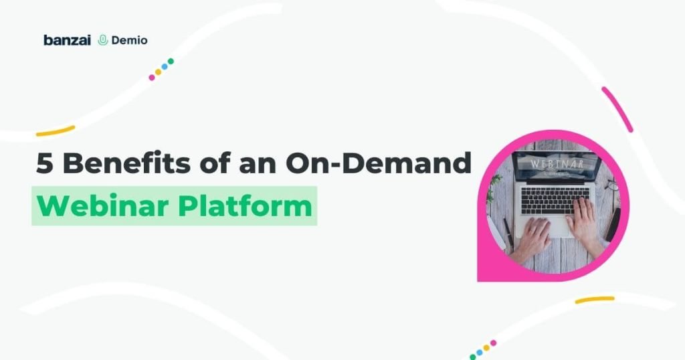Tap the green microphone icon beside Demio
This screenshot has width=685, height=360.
pos(102,40)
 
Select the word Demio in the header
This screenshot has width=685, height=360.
pos(129,40)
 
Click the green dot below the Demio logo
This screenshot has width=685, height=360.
pos(171,62)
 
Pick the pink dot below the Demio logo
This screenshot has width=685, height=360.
pos(152,77)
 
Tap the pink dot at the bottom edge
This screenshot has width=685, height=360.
pos(493,343)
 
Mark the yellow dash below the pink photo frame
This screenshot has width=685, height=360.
pos(594,300)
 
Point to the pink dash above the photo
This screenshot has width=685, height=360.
pos(617,108)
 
